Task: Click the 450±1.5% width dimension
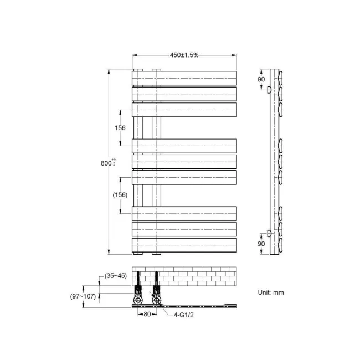[184, 55]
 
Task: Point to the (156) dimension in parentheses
[120, 194]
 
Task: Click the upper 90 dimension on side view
[261, 80]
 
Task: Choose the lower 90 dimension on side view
[261, 243]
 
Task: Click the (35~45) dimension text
[116, 276]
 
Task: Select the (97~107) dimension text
[83, 296]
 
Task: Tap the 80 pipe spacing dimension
[147, 315]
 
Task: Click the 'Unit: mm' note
[271, 292]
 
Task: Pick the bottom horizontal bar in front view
[184, 245]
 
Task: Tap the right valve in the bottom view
[157, 292]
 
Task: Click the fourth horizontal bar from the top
[184, 145]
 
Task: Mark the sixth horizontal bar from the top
[184, 177]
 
